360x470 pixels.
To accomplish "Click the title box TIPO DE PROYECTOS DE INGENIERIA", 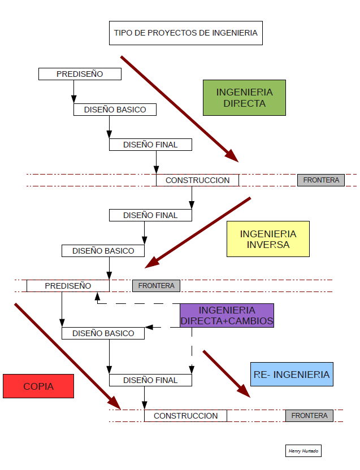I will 185,33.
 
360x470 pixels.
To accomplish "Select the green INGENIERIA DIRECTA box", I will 244,98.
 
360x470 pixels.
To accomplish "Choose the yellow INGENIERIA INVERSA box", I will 268,239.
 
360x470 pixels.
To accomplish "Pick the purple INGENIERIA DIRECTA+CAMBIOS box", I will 227,316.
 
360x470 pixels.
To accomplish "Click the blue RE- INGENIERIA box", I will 291,375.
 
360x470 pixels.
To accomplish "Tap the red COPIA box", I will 38,386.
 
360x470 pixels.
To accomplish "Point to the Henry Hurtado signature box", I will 303,450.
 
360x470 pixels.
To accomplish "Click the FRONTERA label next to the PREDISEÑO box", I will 156,286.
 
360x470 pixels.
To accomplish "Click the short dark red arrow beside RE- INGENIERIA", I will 226,373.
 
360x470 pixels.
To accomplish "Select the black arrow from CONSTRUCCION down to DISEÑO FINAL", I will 192,198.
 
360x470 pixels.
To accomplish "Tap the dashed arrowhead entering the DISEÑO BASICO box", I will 149,327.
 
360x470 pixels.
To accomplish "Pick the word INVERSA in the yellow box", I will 268,245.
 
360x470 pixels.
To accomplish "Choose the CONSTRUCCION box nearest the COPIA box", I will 185,416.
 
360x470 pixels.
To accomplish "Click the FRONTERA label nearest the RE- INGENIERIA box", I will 309,416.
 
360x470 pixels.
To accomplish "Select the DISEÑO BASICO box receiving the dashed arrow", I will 103,333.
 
